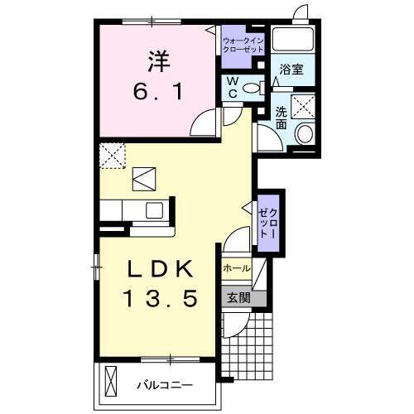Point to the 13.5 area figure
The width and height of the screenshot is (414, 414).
pos(160,300)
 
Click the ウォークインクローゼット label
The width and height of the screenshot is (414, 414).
pos(241,45)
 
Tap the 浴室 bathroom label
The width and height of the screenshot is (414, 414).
pos(291,70)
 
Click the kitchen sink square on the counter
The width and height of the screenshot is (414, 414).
pos(155,210)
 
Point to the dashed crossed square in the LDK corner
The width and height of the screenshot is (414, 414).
pos(110,155)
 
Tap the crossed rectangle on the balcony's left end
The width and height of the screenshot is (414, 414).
pos(112,383)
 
